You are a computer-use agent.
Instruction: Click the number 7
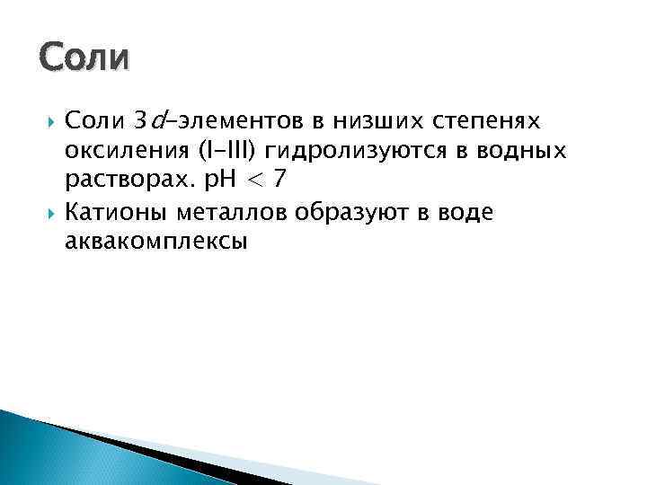pos(280,180)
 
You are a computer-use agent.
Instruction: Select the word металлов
pos(246,211)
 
